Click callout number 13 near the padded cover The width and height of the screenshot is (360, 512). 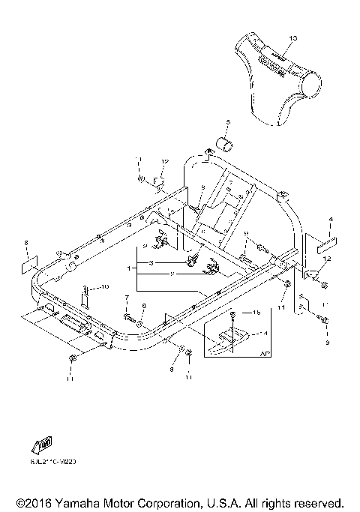(292, 37)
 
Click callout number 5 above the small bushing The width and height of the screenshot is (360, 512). (229, 121)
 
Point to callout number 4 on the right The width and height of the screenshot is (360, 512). (329, 220)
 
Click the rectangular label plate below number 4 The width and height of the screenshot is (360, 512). (328, 245)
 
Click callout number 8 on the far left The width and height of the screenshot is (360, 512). (25, 243)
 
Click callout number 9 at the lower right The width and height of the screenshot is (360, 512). (327, 342)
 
